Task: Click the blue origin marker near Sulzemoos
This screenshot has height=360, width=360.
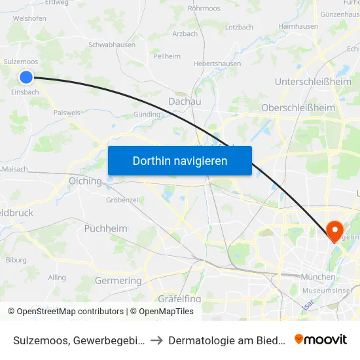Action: [26, 77]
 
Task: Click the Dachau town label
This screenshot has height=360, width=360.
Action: [185, 101]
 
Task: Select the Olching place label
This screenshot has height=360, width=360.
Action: [85, 181]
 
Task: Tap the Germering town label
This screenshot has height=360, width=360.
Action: [118, 281]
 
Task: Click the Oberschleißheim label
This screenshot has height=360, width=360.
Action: [298, 107]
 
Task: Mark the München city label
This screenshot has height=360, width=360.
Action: [318, 277]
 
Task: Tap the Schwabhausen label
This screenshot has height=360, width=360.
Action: [112, 45]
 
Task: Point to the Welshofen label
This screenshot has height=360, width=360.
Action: [29, 18]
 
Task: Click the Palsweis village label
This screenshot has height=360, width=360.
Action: [66, 113]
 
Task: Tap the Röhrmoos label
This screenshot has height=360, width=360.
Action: [204, 9]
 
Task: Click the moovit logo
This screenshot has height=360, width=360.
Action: [320, 339]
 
